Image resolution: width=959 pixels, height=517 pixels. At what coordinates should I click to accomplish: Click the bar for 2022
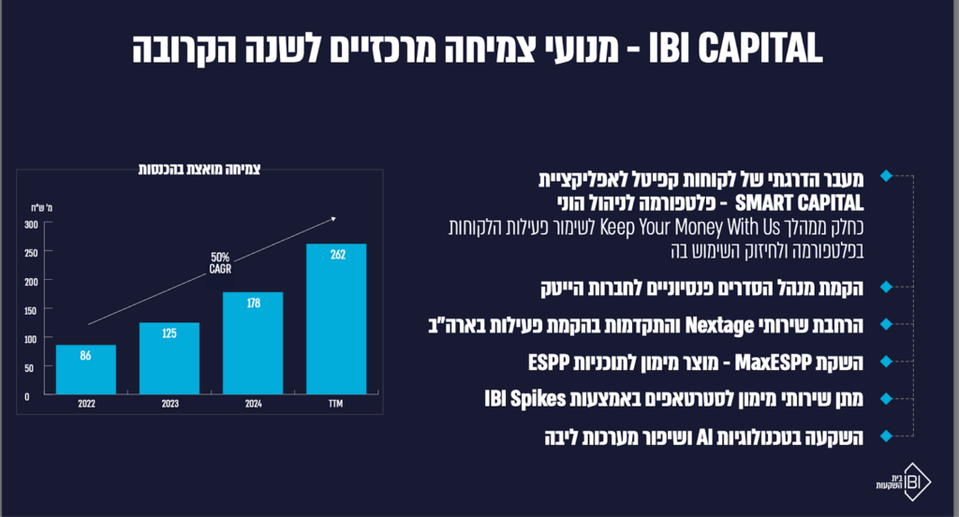click(86, 369)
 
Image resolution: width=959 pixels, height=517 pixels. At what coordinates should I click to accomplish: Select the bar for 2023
click(170, 358)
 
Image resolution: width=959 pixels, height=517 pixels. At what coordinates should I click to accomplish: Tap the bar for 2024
click(253, 343)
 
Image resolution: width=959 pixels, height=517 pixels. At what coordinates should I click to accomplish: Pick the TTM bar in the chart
click(336, 318)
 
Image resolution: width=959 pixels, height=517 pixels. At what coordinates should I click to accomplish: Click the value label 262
click(336, 254)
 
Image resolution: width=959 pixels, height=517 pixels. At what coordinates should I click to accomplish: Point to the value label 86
click(86, 356)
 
